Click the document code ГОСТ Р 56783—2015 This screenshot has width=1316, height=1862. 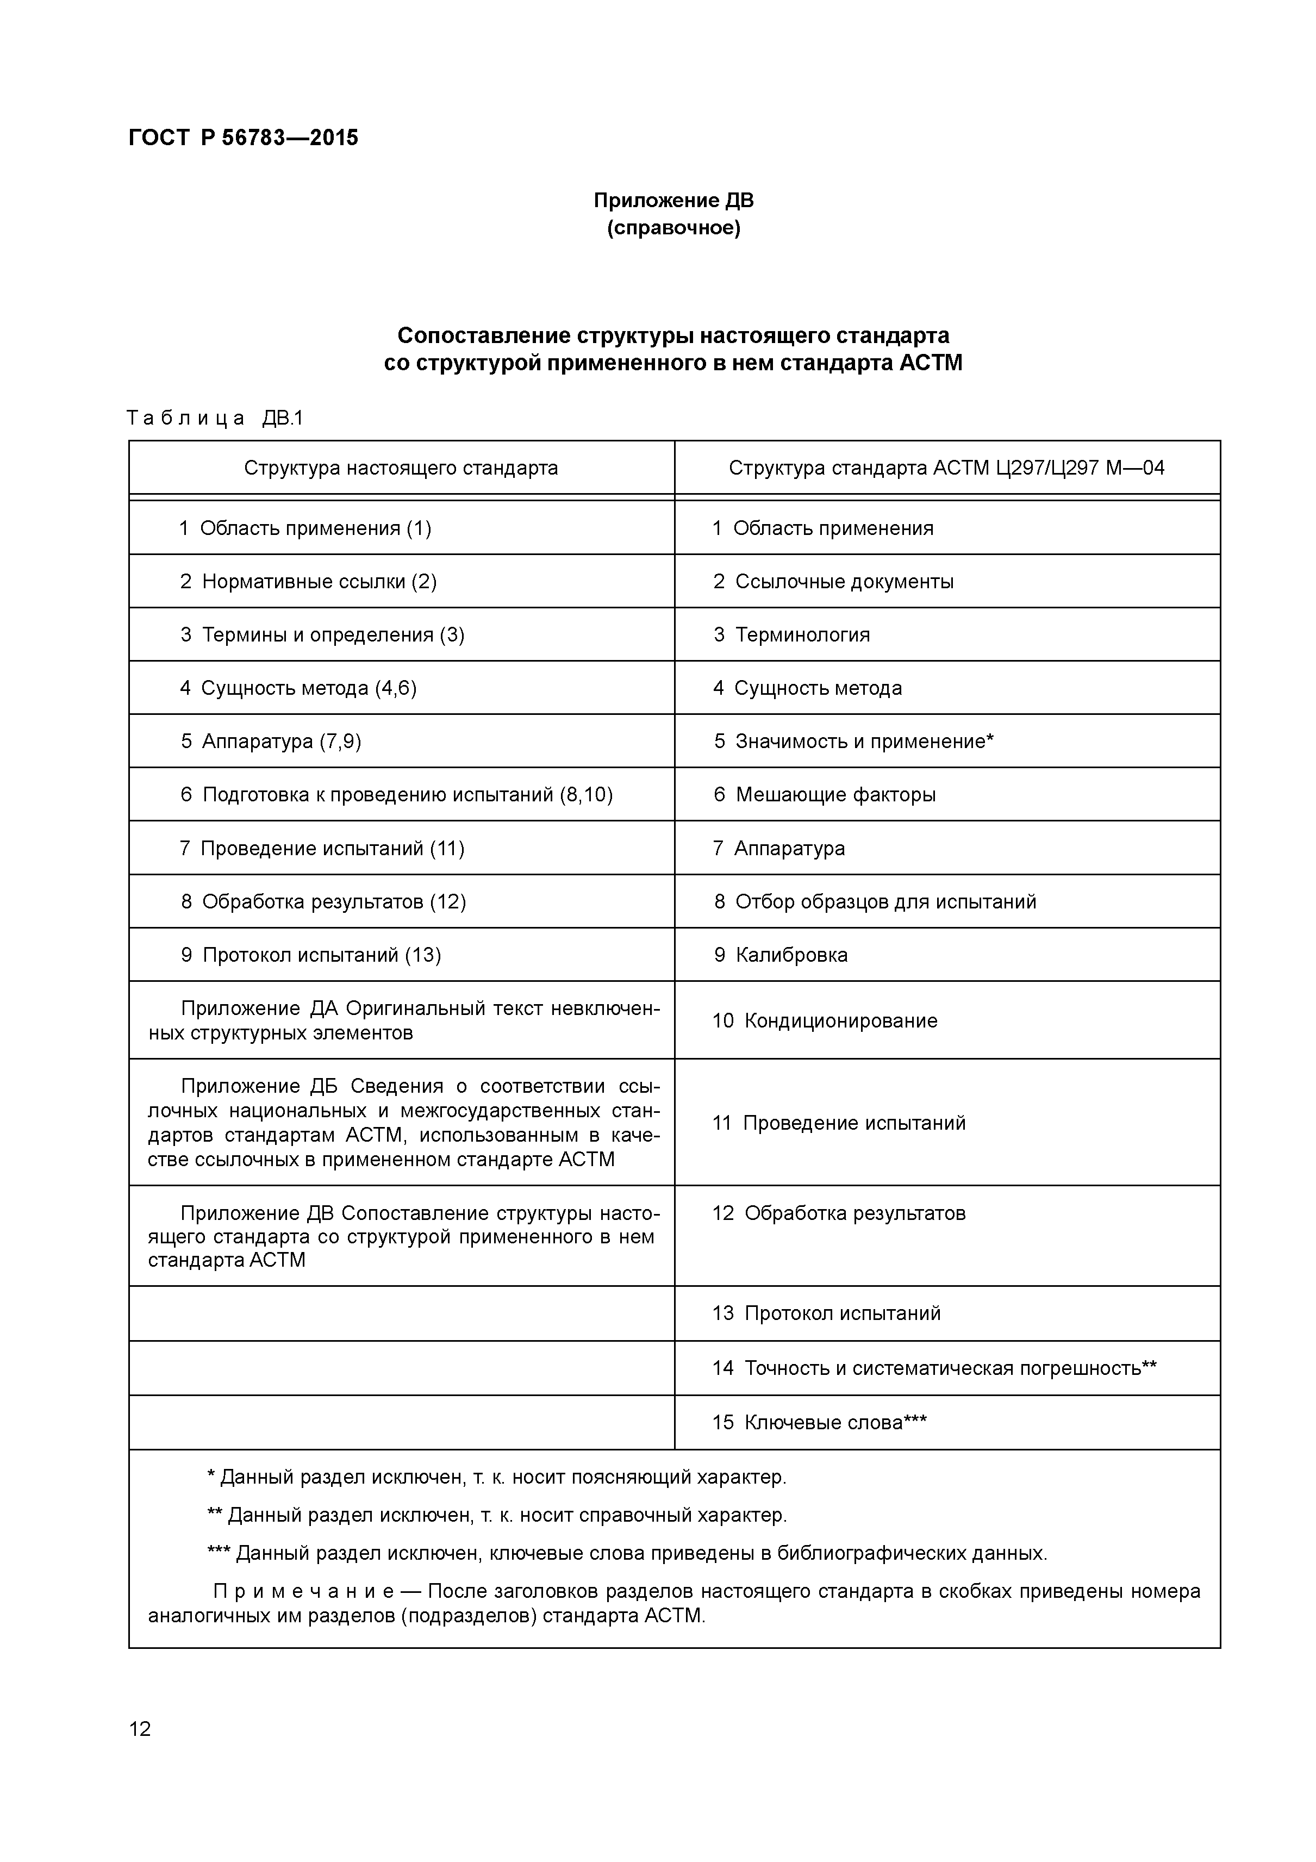244,138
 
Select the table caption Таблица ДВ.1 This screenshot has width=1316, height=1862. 215,419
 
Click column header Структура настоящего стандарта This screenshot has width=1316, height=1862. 401,468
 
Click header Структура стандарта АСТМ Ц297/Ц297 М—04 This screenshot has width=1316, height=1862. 946,468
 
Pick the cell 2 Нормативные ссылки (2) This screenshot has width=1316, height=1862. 308,582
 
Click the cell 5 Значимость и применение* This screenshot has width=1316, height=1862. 853,741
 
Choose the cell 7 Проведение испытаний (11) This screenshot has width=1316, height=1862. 321,848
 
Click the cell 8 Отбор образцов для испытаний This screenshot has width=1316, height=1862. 874,902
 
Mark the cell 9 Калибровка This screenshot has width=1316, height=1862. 780,955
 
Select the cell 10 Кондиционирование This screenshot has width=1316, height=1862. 825,1021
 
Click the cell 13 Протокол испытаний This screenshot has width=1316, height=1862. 826,1313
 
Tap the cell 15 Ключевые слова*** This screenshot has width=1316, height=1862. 819,1422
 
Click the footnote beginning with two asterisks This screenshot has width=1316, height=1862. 497,1515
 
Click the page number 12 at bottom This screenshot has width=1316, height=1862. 140,1730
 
